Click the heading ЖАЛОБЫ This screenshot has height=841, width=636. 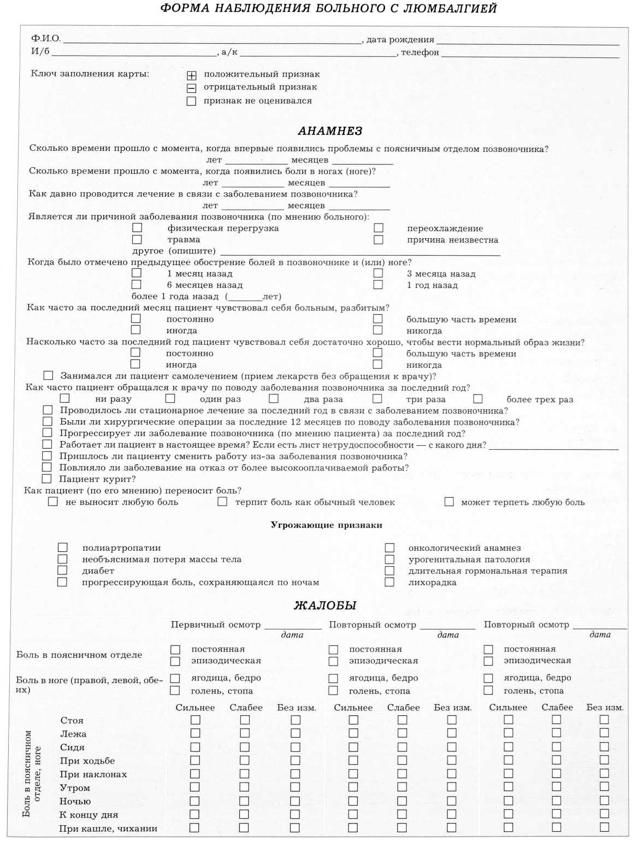point(325,605)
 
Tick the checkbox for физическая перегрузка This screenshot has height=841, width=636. point(137,227)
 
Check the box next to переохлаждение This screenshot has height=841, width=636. point(378,228)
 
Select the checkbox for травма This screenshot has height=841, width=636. point(137,239)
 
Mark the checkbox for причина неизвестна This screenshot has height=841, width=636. point(378,239)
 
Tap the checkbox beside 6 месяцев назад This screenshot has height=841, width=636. point(137,285)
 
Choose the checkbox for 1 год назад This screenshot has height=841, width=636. point(378,285)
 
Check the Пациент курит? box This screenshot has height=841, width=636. point(47,479)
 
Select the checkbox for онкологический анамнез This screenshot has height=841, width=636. point(390,548)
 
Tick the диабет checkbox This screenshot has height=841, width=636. point(63,571)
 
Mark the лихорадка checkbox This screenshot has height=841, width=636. point(390,582)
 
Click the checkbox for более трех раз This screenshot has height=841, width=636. point(478,399)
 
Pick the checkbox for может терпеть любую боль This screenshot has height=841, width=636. point(449,502)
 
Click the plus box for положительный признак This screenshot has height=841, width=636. point(191,75)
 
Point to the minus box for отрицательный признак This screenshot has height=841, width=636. point(191,88)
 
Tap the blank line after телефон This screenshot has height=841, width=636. point(530,55)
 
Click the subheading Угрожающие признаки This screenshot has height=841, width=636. point(326,525)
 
